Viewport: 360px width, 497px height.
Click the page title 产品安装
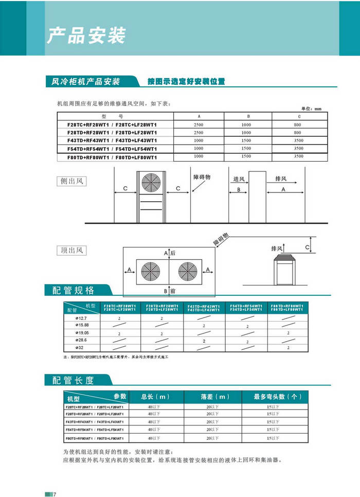[86, 35]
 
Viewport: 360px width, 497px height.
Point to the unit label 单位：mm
[311, 109]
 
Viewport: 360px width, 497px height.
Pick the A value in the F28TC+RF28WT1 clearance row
[199, 125]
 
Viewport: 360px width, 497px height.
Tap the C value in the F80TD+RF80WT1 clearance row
[298, 156]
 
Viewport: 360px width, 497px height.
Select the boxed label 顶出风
[71, 251]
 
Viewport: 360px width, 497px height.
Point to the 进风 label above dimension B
[239, 179]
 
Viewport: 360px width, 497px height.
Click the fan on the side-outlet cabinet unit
[151, 184]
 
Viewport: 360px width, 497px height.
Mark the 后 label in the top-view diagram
[173, 253]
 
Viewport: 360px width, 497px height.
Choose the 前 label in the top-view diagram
[173, 291]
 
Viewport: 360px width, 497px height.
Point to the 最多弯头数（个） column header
[278, 397]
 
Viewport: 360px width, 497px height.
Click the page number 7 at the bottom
[55, 494]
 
